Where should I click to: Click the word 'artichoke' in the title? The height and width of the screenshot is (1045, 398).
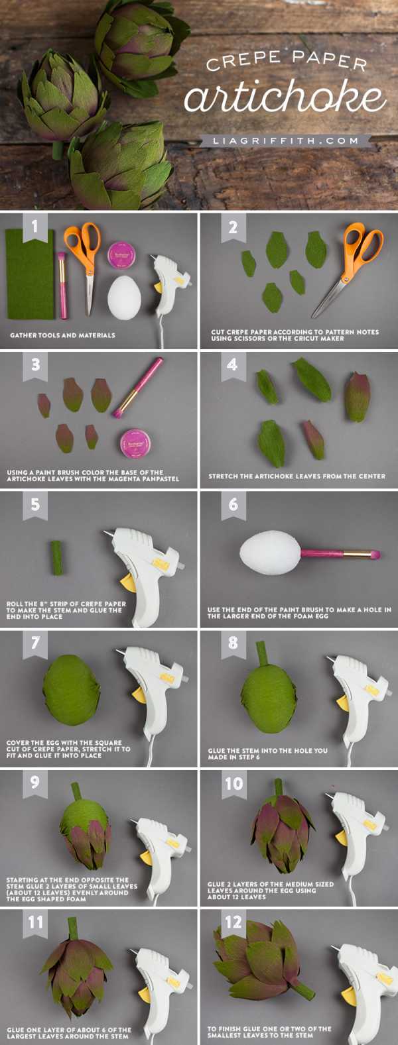(x=285, y=97)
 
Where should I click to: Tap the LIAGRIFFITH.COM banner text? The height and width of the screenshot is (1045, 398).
(x=287, y=140)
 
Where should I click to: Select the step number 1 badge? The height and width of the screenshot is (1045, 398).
(x=35, y=227)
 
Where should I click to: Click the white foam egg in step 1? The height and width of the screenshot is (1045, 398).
(x=124, y=297)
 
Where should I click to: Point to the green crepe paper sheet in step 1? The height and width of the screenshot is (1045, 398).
(x=30, y=274)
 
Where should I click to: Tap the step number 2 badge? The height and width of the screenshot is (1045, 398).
(x=233, y=227)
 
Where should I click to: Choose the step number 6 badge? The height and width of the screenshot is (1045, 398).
(x=233, y=505)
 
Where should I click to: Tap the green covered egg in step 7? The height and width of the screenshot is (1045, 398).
(x=72, y=690)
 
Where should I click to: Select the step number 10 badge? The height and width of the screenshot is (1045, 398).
(x=233, y=784)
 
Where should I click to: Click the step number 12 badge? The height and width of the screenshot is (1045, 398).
(x=233, y=922)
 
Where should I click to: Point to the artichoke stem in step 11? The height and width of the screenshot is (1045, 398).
(x=73, y=929)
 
